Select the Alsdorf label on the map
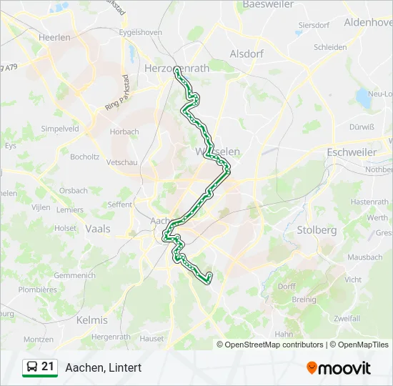click(x=247, y=54)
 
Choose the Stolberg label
click(x=316, y=230)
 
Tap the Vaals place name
click(x=97, y=229)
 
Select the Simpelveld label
click(x=59, y=129)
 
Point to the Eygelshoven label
click(x=141, y=33)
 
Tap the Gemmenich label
click(x=74, y=275)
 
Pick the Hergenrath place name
click(x=109, y=336)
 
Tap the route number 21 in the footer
click(x=48, y=367)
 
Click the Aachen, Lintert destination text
click(x=104, y=367)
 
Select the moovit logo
click(x=339, y=368)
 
